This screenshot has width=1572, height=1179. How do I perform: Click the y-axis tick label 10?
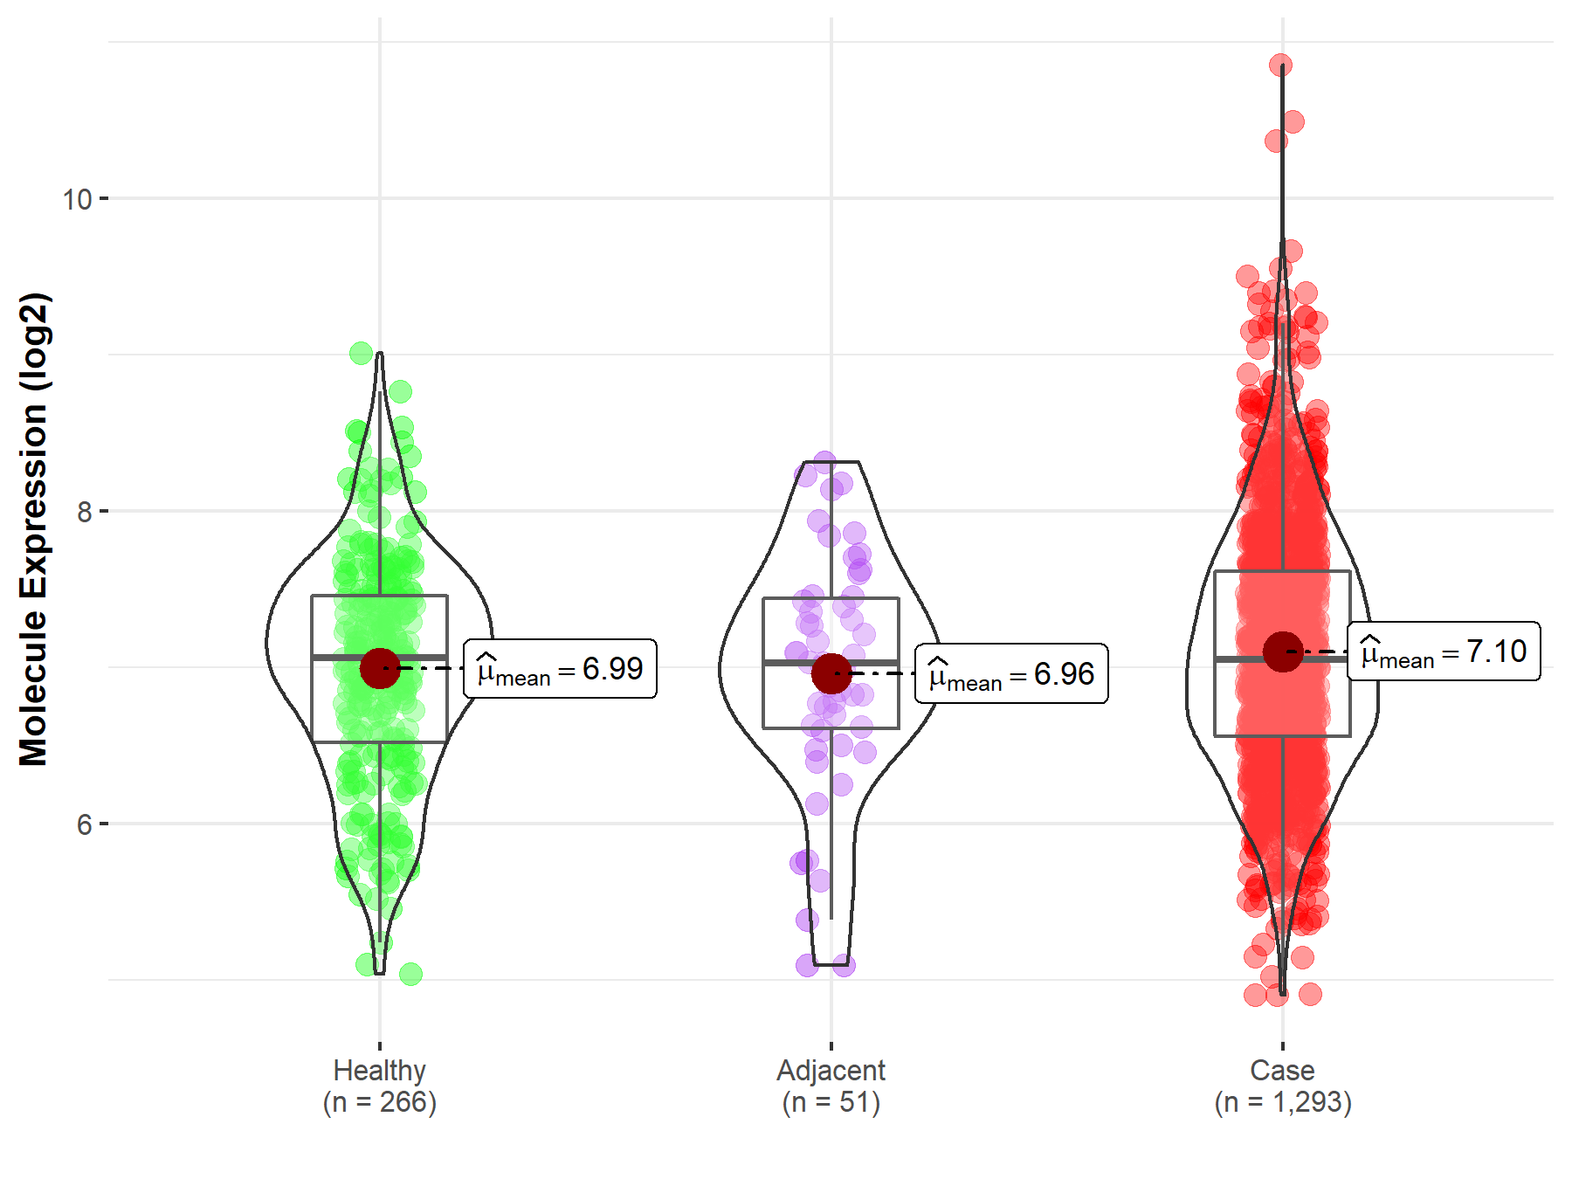77,199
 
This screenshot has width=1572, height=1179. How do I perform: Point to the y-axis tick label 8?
84,512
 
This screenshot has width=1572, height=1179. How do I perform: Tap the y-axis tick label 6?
84,824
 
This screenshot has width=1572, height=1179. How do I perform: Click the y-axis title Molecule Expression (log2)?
33,529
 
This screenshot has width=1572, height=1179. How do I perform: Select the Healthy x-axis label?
379,1070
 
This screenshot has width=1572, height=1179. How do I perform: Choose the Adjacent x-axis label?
831,1070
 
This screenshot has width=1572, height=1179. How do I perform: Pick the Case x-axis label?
1282,1070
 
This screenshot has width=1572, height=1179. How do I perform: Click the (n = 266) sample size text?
379,1102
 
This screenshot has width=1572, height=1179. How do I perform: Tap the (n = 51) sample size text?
831,1102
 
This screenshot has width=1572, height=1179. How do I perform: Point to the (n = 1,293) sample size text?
1282,1102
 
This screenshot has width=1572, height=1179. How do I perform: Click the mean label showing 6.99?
560,669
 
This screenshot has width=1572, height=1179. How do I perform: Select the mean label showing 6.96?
1011,674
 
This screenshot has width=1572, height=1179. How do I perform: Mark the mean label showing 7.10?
1444,652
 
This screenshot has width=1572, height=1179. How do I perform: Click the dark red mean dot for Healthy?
380,668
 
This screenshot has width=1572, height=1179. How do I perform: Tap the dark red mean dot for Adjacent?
831,673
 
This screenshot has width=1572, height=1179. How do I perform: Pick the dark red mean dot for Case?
1283,652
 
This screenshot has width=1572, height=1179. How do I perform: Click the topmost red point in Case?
1281,65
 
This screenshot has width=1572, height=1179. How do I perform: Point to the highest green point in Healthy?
361,353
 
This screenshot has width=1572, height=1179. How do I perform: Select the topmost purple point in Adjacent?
824,462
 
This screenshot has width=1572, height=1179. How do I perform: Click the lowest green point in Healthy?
410,974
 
